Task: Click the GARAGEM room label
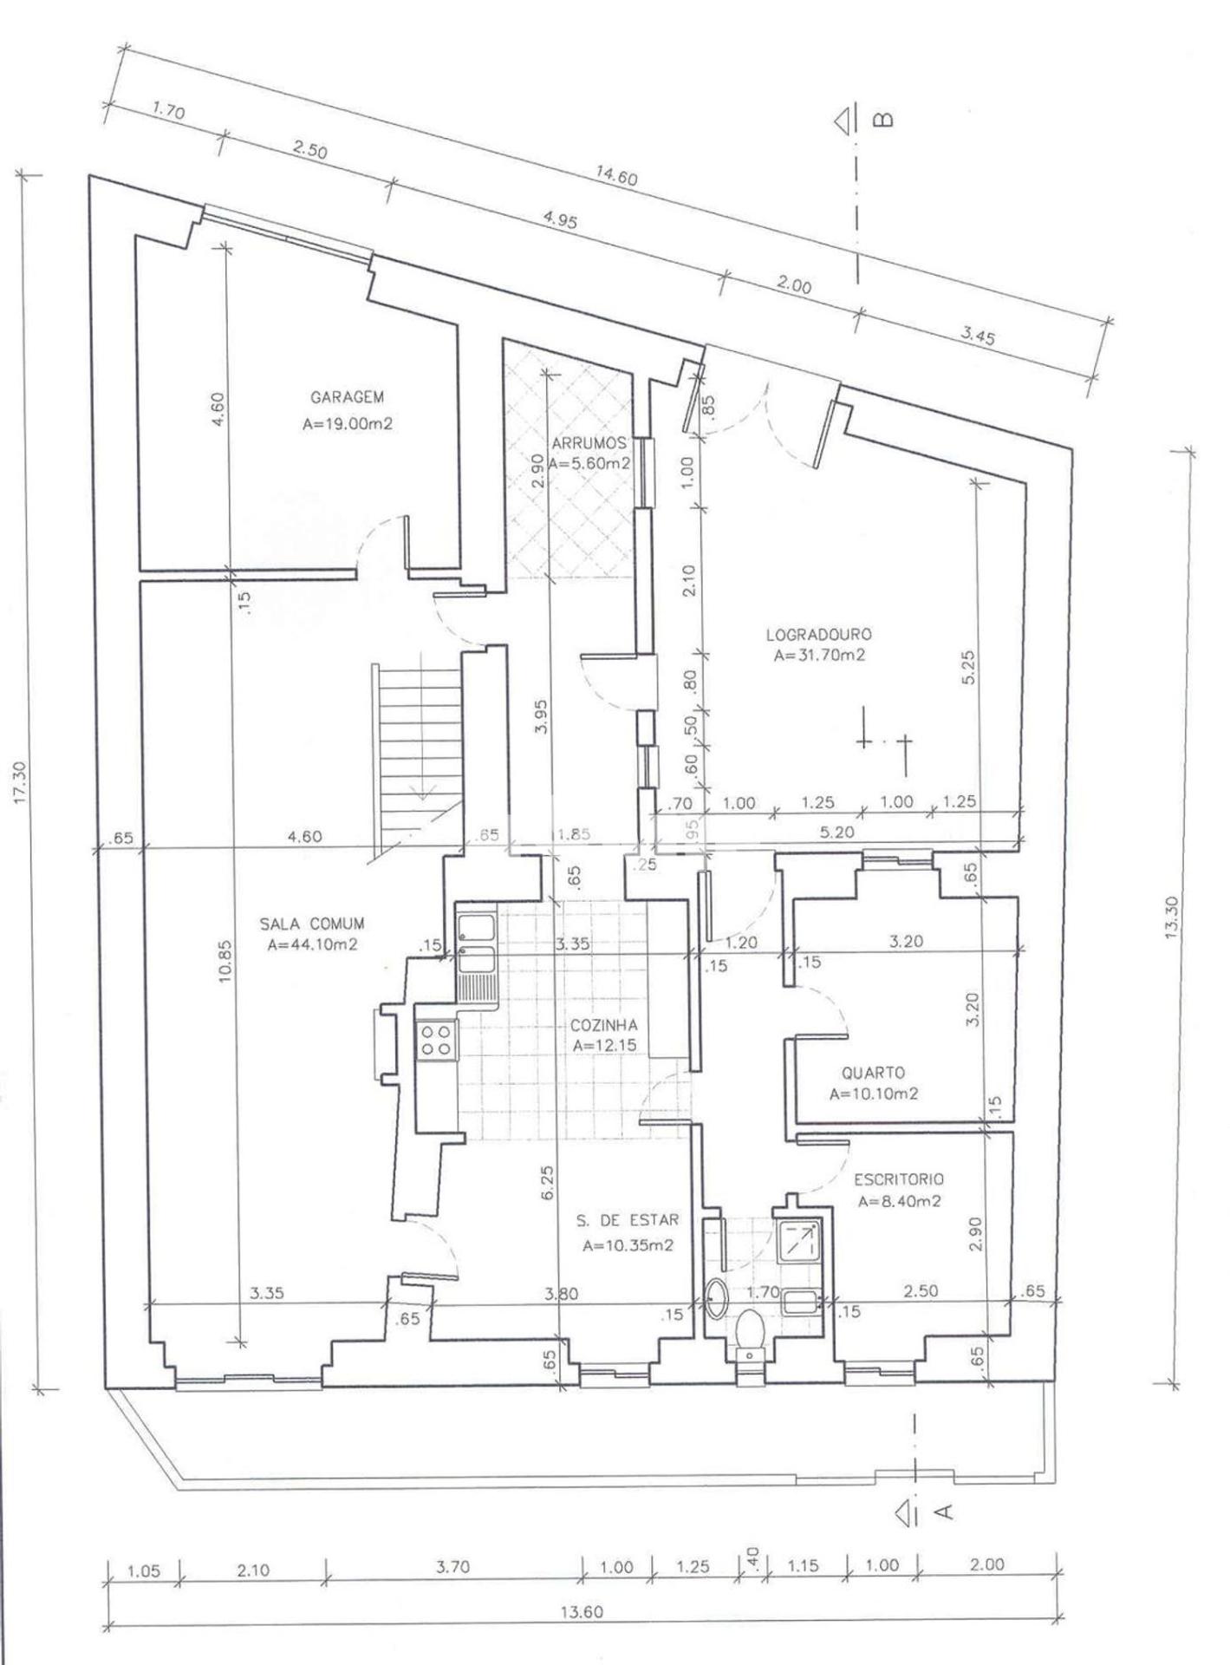(347, 397)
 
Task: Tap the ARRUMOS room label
(589, 444)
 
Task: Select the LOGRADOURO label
(819, 635)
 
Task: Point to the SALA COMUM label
(312, 924)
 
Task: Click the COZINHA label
(604, 1026)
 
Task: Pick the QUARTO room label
(873, 1073)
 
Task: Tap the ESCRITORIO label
(899, 1179)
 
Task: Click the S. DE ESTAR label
(628, 1220)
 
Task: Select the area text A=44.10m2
(312, 945)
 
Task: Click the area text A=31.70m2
(819, 656)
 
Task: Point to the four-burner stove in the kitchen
(435, 1040)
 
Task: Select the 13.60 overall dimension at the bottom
(582, 1612)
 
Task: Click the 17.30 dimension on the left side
(23, 782)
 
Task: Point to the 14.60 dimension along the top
(616, 176)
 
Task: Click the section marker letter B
(882, 119)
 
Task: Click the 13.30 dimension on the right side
(1172, 917)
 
